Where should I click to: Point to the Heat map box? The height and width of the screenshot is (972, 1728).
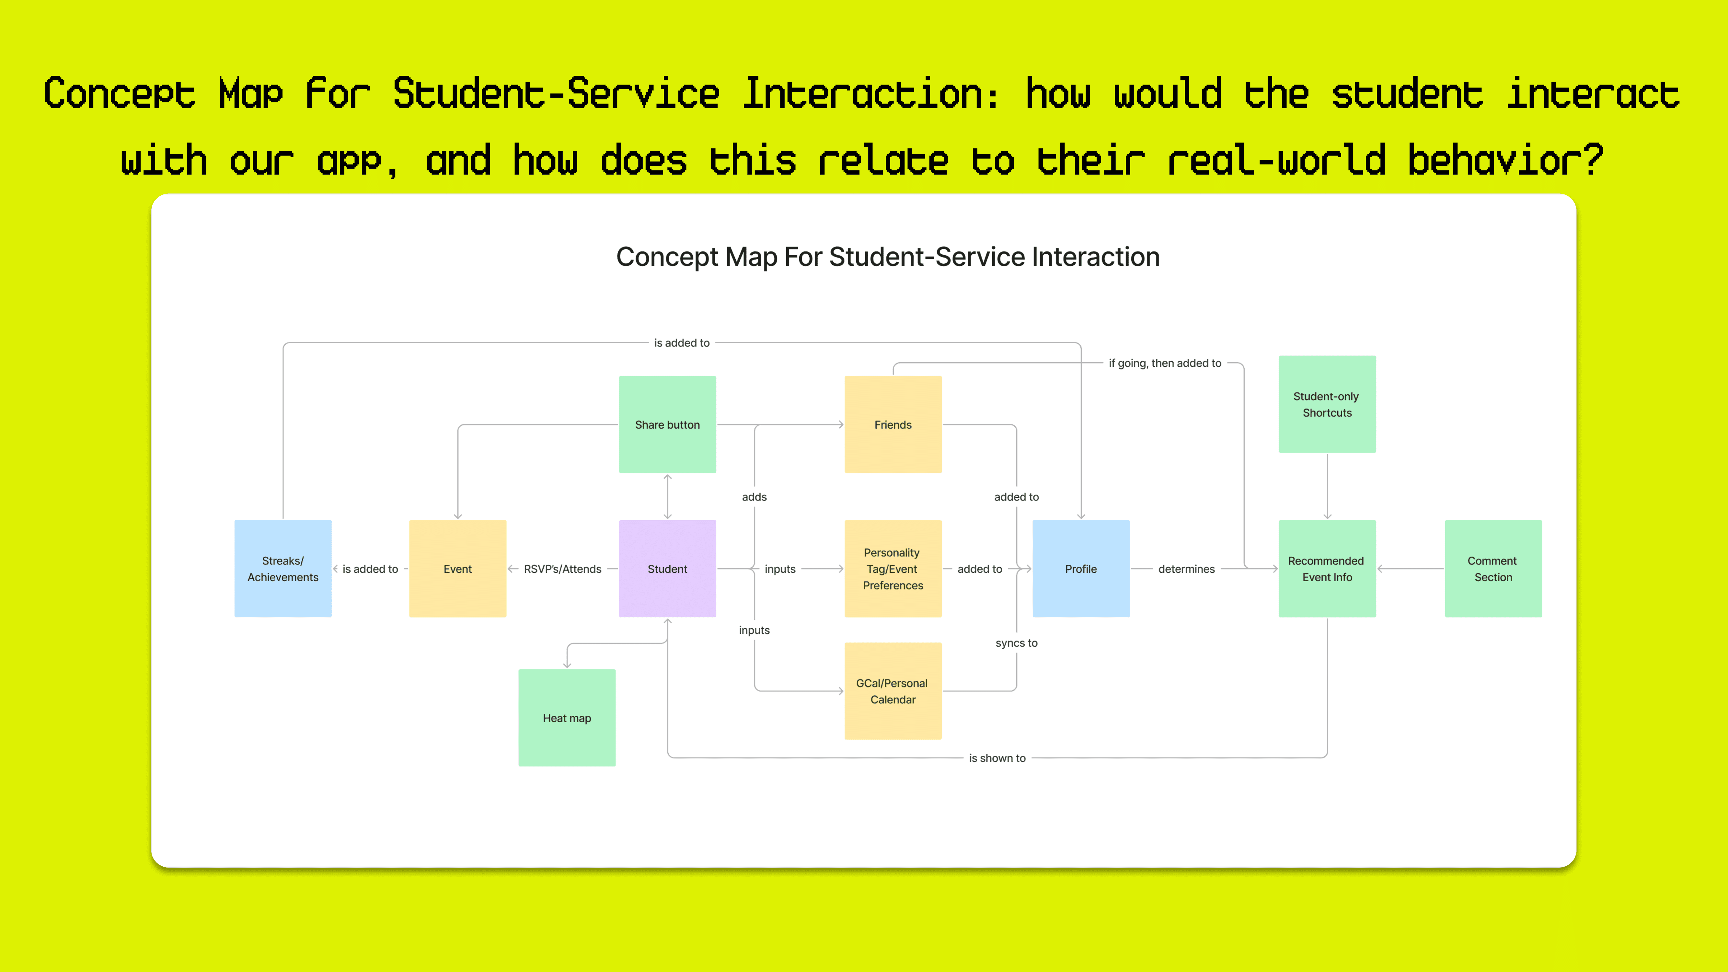[567, 718]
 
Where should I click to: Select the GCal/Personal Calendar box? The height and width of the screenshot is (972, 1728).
[893, 691]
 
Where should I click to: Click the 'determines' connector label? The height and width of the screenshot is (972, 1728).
[1186, 569]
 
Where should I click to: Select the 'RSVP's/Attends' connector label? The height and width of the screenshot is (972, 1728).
[562, 569]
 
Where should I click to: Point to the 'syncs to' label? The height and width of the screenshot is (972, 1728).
[1016, 642]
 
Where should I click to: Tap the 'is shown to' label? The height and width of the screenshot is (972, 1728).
[997, 758]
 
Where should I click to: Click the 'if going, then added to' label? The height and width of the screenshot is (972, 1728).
[1165, 363]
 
